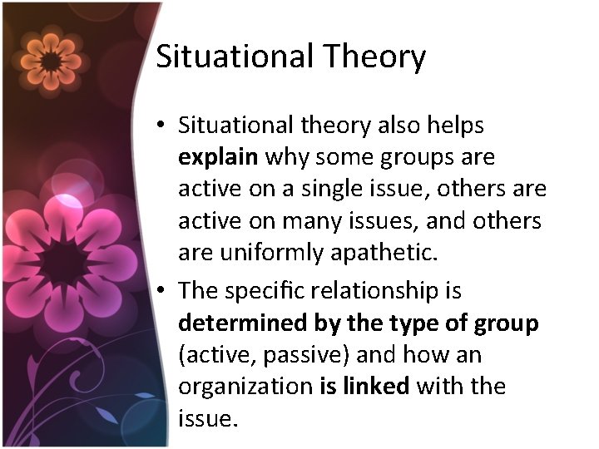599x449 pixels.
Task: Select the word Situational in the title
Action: click(235, 57)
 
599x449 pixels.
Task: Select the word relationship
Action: click(381, 291)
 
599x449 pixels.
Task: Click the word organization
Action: click(245, 387)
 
